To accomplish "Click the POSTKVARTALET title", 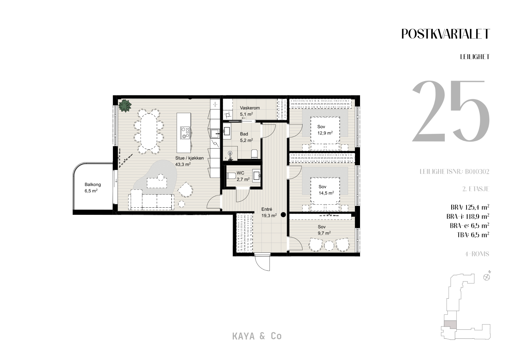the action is click(x=445, y=34).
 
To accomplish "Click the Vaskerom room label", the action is click(x=250, y=108).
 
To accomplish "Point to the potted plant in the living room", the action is click(x=125, y=105).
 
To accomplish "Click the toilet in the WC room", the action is click(x=231, y=176).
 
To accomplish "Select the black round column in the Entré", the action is click(x=283, y=215).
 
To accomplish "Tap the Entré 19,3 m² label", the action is click(x=269, y=212).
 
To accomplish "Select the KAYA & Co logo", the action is click(x=257, y=336).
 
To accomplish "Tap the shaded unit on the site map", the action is click(x=450, y=325).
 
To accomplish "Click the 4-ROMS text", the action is click(x=477, y=254).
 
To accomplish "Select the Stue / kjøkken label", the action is click(x=189, y=158).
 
